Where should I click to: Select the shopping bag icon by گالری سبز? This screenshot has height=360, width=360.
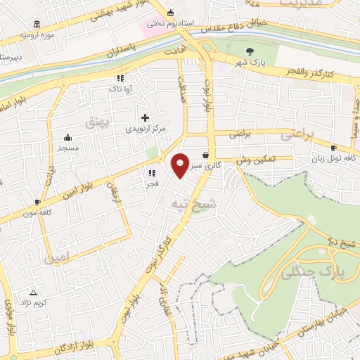(205, 155)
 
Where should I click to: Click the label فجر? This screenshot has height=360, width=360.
(151, 184)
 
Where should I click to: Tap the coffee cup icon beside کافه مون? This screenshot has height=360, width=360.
(37, 202)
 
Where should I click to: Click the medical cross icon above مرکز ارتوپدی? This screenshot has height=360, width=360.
(146, 117)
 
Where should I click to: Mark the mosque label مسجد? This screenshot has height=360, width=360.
(68, 148)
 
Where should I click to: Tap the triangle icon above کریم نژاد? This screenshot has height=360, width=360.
(32, 292)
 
